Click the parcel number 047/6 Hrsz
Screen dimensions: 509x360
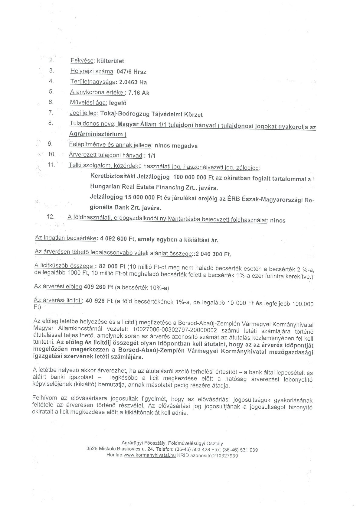click(x=133, y=72)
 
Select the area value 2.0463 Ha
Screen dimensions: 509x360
click(x=133, y=82)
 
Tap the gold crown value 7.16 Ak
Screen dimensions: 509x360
click(x=139, y=93)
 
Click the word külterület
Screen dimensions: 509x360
click(x=110, y=61)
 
